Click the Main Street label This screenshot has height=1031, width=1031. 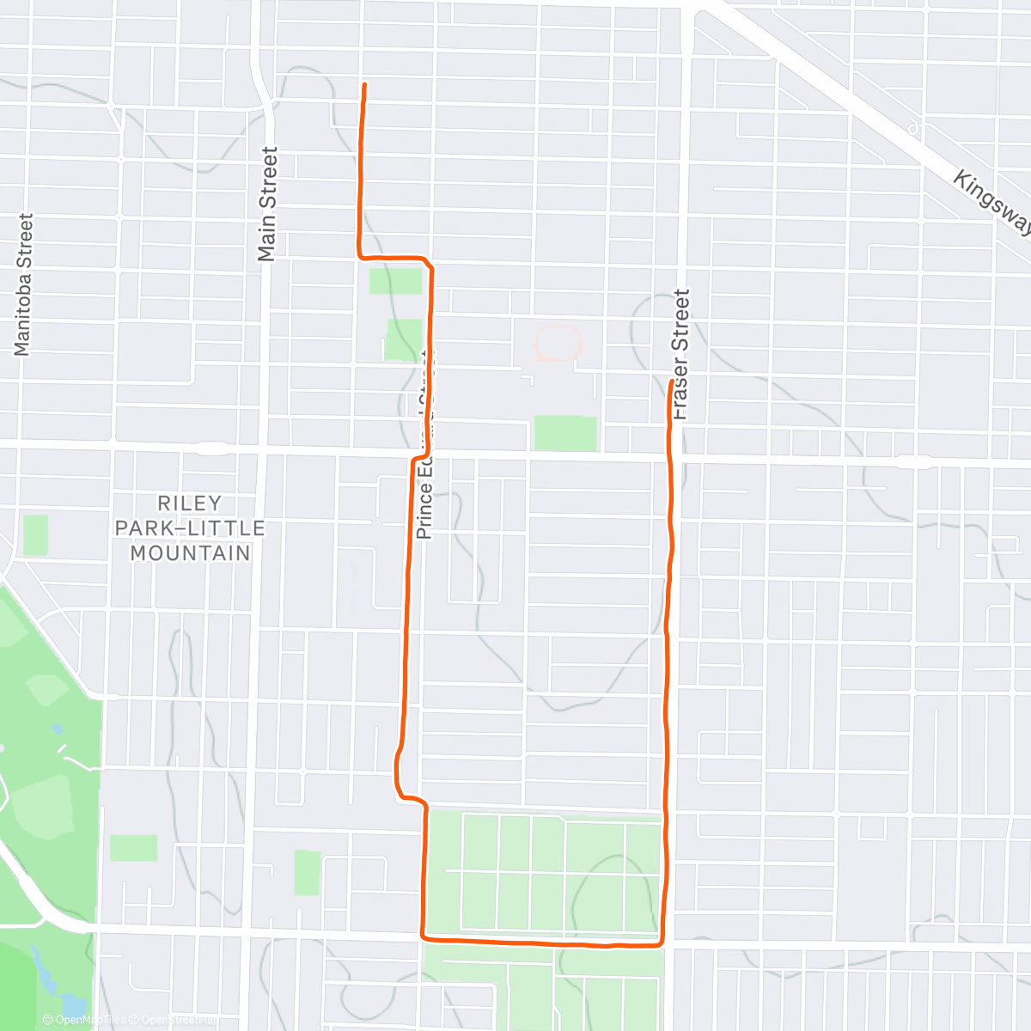pyautogui.click(x=268, y=204)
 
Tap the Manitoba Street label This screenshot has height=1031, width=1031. pyautogui.click(x=22, y=284)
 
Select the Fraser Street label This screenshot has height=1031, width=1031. pyautogui.click(x=681, y=354)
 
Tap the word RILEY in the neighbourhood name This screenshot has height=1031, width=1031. pyautogui.click(x=190, y=503)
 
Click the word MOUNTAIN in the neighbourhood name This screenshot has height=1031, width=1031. pyautogui.click(x=190, y=552)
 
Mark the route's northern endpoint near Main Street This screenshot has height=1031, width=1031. pyautogui.click(x=365, y=85)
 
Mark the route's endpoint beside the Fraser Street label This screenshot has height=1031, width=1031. pyautogui.click(x=671, y=381)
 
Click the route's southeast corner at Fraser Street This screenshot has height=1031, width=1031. pyautogui.click(x=662, y=945)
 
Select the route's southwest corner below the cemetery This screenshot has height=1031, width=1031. pyautogui.click(x=423, y=936)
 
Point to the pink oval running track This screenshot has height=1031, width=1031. pyautogui.click(x=558, y=343)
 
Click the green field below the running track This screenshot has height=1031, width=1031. pyautogui.click(x=565, y=432)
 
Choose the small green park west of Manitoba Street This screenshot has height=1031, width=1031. pyautogui.click(x=35, y=534)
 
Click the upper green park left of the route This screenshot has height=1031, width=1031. pyautogui.click(x=396, y=281)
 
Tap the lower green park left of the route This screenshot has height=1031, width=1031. pyautogui.click(x=403, y=339)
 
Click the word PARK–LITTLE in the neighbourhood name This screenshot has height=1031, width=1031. pyautogui.click(x=190, y=528)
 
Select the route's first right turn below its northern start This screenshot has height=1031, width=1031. pyautogui.click(x=361, y=256)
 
